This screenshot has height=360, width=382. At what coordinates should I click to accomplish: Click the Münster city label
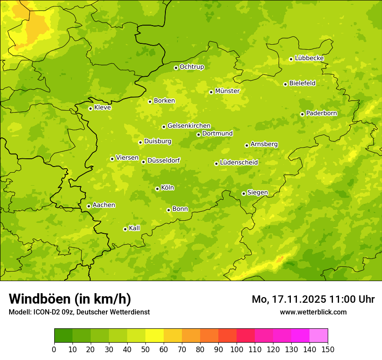pos(227,91)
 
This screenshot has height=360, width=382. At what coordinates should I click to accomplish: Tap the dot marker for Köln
pos(157,189)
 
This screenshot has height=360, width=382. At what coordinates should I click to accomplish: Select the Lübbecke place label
pos(309,58)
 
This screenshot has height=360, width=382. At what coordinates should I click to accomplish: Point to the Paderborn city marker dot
pos(302,114)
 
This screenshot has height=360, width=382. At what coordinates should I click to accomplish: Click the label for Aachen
pos(104,205)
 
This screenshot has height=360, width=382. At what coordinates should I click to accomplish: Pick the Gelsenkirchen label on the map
pos(189,126)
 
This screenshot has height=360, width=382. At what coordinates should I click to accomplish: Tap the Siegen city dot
pos(244,193)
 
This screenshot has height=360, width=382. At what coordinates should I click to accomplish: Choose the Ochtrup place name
pos(191,67)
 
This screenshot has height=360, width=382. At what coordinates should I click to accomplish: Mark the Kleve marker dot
pos(90,108)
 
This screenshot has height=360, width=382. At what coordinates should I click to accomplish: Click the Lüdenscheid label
pos(239,163)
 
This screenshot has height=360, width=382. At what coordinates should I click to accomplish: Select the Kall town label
pos(135,228)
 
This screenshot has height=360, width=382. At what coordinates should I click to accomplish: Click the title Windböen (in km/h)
pos(70,299)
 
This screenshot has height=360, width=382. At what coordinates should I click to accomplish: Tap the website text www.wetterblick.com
pos(313,312)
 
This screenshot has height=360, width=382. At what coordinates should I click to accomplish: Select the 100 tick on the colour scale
pos(237,349)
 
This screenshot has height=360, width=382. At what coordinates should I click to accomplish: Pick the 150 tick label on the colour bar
pos(328,349)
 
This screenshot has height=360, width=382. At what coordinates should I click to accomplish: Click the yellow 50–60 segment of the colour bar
pos(155,336)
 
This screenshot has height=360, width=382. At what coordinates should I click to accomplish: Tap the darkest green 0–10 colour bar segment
pos(63,336)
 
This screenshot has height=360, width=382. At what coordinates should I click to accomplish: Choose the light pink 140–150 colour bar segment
pos(319,336)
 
